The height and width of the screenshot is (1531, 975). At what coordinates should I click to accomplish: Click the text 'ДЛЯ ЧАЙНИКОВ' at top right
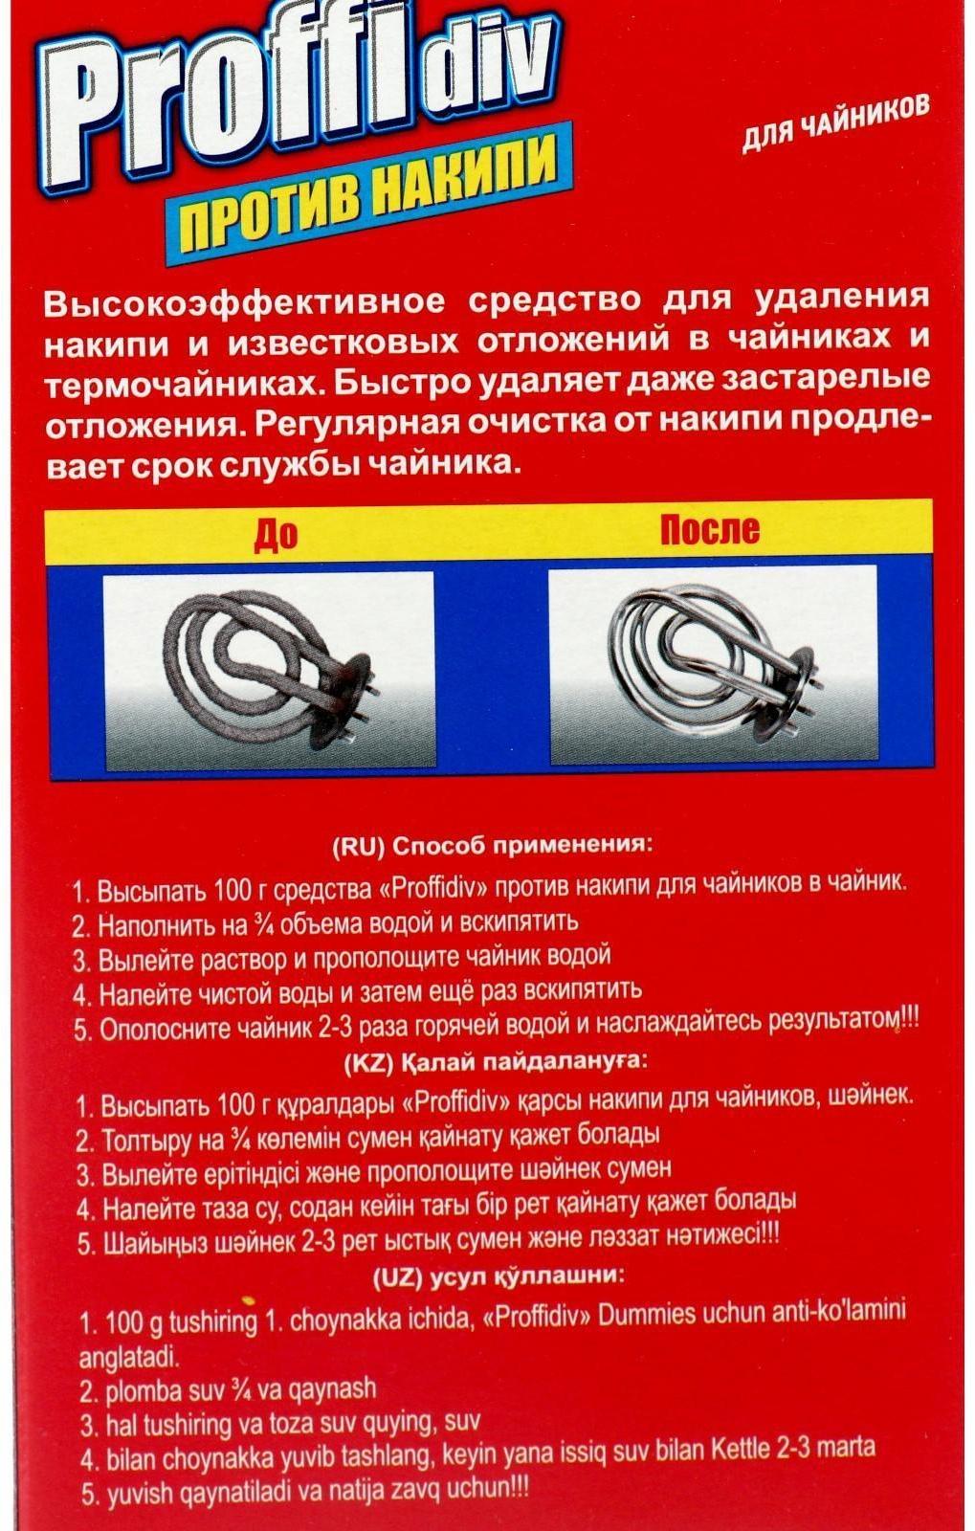[x=834, y=122]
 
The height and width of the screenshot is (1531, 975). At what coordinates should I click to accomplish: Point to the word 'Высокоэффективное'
[x=244, y=303]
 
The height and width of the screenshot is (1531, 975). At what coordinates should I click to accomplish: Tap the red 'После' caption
[x=710, y=529]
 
